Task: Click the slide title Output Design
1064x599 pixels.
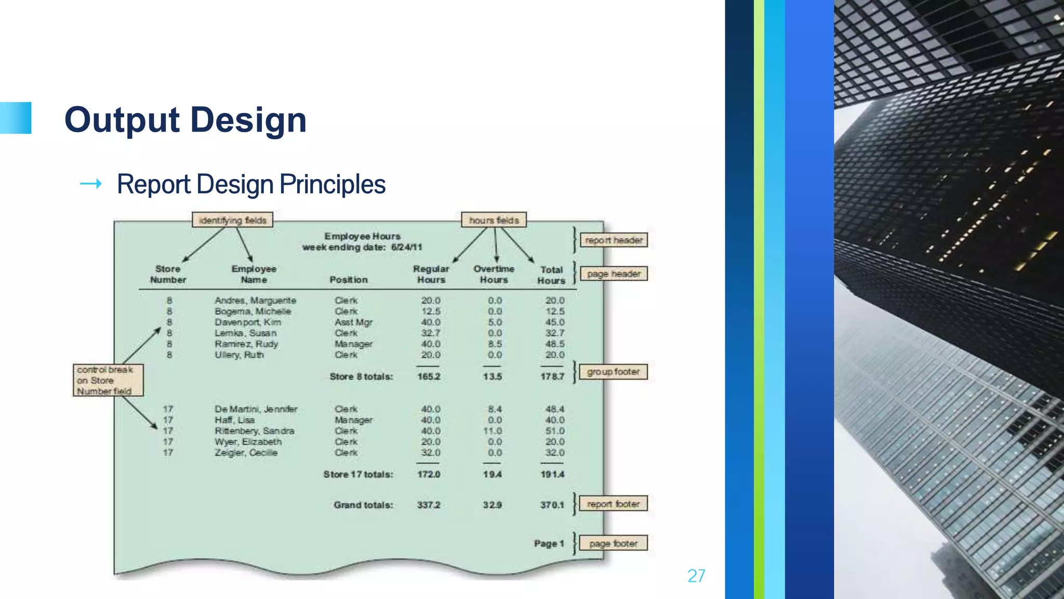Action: pyautogui.click(x=185, y=120)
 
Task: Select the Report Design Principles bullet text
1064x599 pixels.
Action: pyautogui.click(x=251, y=185)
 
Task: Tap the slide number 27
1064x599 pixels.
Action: pyautogui.click(x=696, y=576)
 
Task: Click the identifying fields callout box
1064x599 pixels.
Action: pyautogui.click(x=232, y=220)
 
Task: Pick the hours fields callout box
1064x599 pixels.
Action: pyautogui.click(x=494, y=220)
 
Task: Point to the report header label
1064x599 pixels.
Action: pyautogui.click(x=614, y=240)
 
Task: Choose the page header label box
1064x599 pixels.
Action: pyautogui.click(x=614, y=274)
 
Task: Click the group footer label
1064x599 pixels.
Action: pyautogui.click(x=613, y=372)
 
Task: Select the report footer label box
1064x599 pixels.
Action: pyautogui.click(x=613, y=504)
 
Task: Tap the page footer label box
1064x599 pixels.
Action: pyautogui.click(x=613, y=543)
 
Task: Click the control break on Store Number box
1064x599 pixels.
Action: pyautogui.click(x=108, y=380)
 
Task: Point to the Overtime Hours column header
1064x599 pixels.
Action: pyautogui.click(x=494, y=274)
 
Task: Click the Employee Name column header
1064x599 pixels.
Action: pyautogui.click(x=254, y=274)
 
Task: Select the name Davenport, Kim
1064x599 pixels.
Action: pyautogui.click(x=248, y=322)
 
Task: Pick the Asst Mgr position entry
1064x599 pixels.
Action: pyautogui.click(x=353, y=322)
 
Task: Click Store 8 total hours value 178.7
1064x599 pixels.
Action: pyautogui.click(x=552, y=376)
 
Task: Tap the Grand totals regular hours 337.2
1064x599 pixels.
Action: pyautogui.click(x=429, y=505)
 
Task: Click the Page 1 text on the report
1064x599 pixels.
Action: pyautogui.click(x=549, y=543)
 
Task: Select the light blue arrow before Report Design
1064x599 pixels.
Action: pyautogui.click(x=91, y=184)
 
